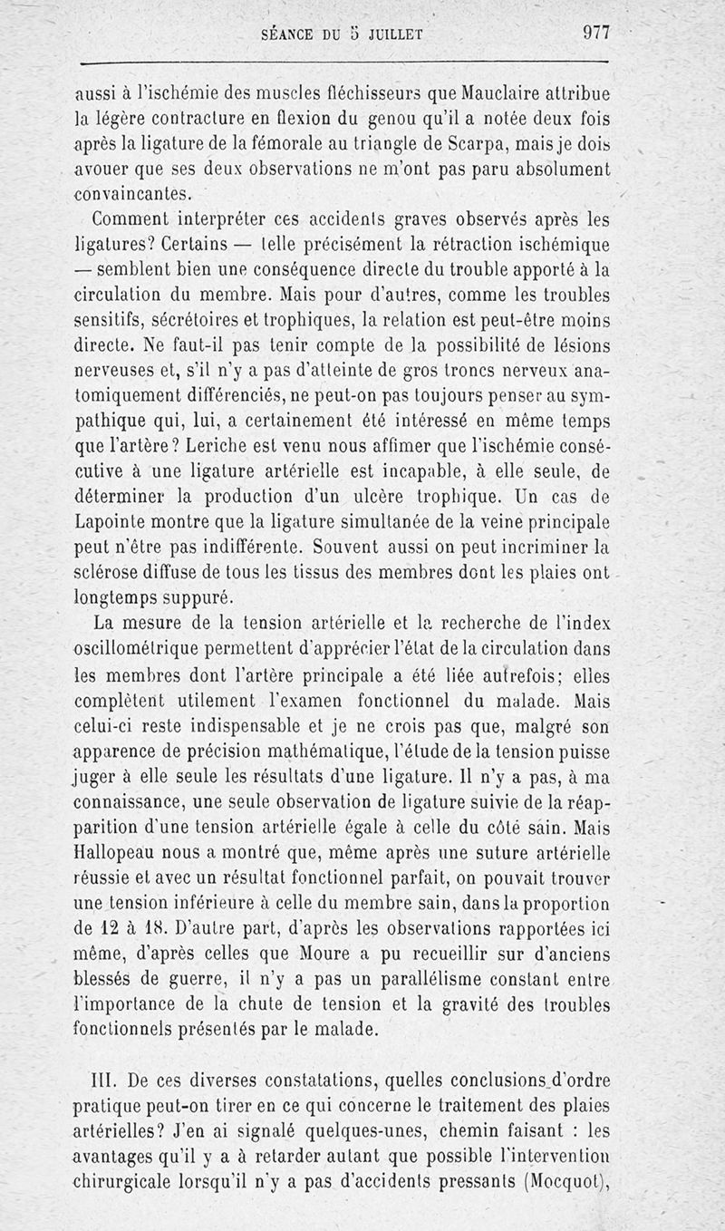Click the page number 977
tap(595, 33)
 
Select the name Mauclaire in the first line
tap(500, 92)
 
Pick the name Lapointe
tap(108, 524)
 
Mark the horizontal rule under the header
tap(345, 63)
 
